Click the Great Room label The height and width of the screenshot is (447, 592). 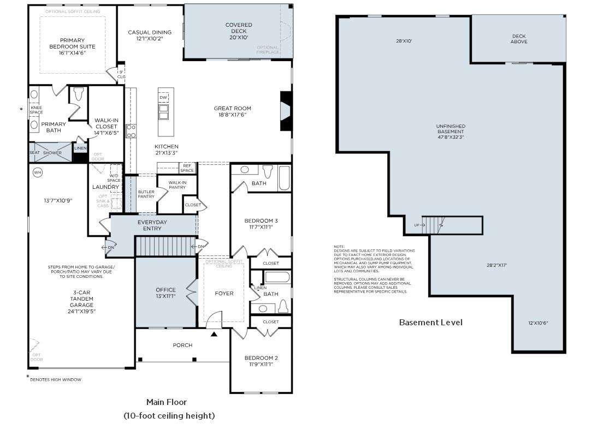(232, 111)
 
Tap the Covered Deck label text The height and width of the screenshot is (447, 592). (239, 31)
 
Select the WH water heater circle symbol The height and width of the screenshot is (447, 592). (38, 172)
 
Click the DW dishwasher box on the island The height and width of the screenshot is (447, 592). (163, 97)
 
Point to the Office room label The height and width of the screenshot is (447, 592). (165, 293)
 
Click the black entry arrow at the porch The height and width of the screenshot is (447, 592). (214, 333)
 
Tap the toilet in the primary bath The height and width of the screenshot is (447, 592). (78, 94)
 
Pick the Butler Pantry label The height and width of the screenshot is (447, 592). (146, 194)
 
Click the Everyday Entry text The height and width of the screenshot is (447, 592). (152, 225)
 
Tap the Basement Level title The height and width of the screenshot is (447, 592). (430, 322)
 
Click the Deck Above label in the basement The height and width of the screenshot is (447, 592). (518, 39)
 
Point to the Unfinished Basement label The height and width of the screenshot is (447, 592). (451, 132)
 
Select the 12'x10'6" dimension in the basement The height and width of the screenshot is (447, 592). (538, 323)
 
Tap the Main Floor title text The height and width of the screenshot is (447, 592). (167, 402)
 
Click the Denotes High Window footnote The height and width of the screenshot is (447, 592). (55, 379)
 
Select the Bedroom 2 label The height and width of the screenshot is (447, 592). (261, 361)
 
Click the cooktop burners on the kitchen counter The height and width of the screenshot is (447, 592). (131, 131)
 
